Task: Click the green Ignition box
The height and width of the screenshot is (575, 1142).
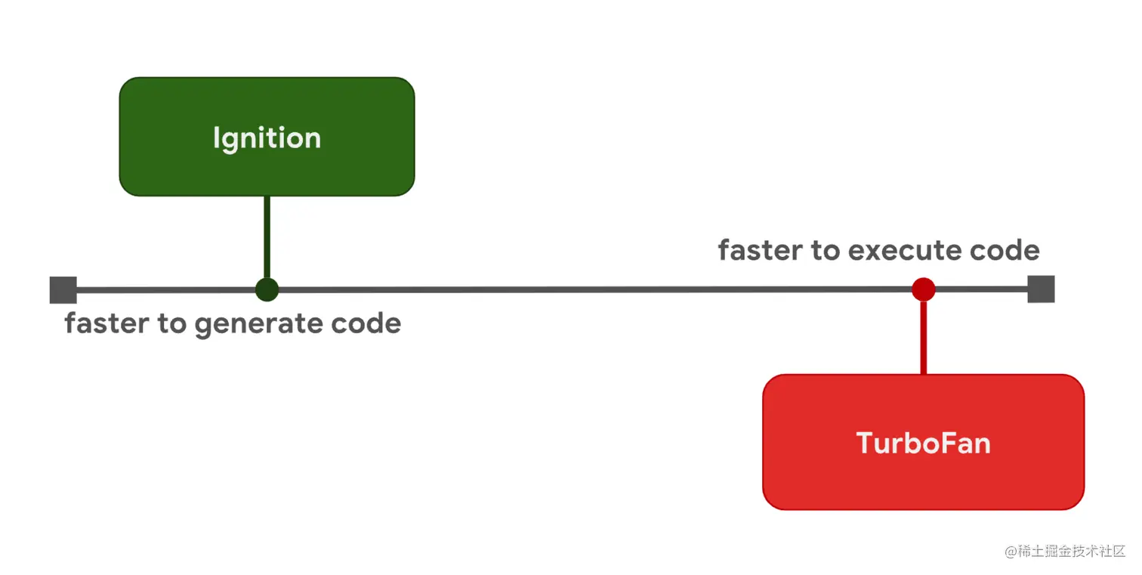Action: click(x=267, y=137)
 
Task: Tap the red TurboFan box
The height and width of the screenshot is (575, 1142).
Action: click(x=923, y=442)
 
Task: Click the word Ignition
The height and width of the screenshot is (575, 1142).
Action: click(x=267, y=138)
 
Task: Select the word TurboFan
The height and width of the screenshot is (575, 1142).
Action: click(x=923, y=443)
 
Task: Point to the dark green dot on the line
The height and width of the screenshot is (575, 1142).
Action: click(x=267, y=289)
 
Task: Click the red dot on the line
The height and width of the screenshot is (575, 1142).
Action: click(x=923, y=289)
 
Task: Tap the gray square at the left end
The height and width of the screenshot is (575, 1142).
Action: click(x=63, y=290)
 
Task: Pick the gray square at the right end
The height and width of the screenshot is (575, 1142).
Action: click(x=1041, y=289)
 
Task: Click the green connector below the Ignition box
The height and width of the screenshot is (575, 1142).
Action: click(x=267, y=237)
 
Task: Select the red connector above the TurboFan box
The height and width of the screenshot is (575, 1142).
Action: click(x=923, y=337)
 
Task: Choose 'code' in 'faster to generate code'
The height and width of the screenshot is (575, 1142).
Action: click(x=366, y=323)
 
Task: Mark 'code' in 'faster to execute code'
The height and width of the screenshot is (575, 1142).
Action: click(x=1005, y=250)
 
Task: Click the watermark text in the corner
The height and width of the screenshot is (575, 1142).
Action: click(x=1065, y=551)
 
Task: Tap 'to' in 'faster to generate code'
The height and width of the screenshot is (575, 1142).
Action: click(x=171, y=323)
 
